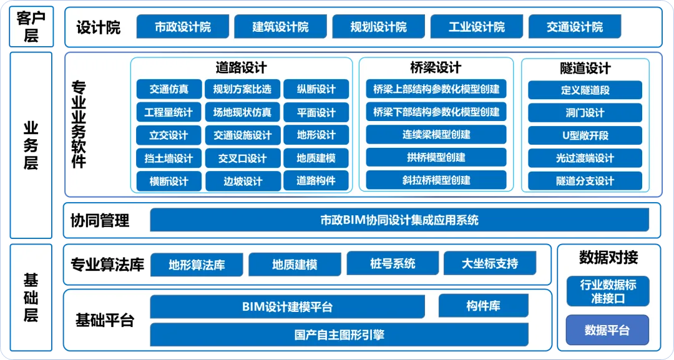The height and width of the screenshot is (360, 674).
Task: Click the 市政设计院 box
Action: click(183, 27)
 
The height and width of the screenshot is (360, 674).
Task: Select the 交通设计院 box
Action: click(575, 27)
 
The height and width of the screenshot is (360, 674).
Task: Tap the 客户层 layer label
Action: click(31, 26)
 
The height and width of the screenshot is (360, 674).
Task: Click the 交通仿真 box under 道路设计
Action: click(168, 89)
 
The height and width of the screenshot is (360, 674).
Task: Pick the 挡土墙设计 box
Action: click(168, 158)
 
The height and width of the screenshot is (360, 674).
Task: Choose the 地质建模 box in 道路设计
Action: click(316, 158)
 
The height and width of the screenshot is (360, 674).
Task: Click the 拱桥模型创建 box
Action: click(436, 157)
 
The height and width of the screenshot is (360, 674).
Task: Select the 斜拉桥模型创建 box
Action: click(436, 180)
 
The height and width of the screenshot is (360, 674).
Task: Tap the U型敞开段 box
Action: click(585, 135)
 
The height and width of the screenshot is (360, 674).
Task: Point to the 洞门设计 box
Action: click(585, 112)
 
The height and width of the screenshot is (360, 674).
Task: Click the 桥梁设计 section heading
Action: click(436, 67)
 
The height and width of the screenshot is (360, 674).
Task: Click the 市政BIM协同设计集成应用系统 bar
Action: click(399, 220)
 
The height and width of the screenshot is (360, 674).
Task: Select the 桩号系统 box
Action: click(393, 264)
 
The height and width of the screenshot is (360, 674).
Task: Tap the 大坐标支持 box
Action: click(490, 264)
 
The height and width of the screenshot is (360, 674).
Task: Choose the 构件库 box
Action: click(483, 306)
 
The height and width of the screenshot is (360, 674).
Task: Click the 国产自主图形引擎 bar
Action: click(339, 334)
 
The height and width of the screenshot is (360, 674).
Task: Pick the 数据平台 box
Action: click(607, 331)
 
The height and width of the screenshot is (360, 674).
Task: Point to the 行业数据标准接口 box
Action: click(608, 291)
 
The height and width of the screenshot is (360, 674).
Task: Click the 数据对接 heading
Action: click(608, 257)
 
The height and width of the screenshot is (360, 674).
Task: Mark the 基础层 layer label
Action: click(31, 297)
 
